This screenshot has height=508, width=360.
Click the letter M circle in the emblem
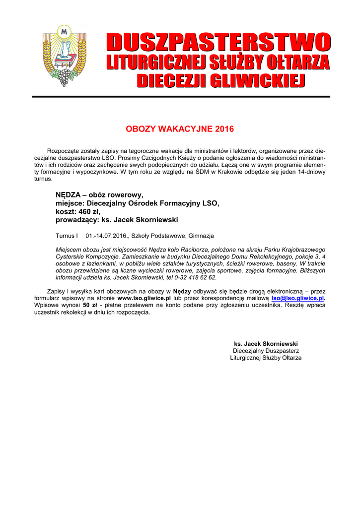pyautogui.click(x=63, y=31)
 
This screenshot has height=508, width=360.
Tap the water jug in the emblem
pyautogui.click(x=63, y=52)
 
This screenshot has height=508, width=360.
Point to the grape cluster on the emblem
pyautogui.click(x=64, y=77)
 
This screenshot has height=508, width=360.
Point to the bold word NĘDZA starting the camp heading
pyautogui.click(x=68, y=195)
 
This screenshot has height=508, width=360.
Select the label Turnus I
pyautogui.click(x=67, y=236)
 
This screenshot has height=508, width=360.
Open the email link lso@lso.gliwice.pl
pyautogui.click(x=297, y=298)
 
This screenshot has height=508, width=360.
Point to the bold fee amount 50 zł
pyautogui.click(x=90, y=306)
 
